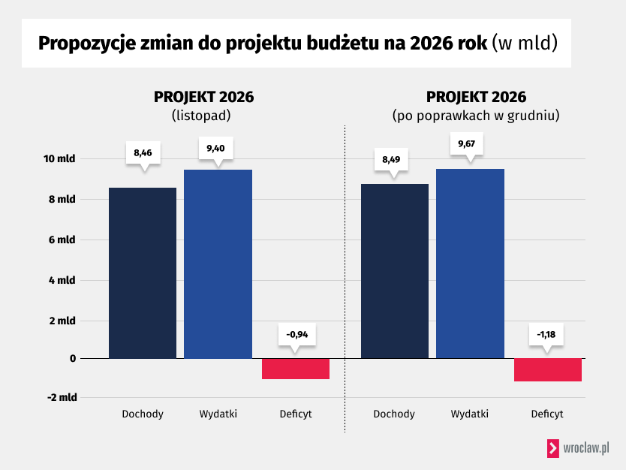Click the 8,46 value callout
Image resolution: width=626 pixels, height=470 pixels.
143,153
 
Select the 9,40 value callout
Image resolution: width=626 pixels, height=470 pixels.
215,148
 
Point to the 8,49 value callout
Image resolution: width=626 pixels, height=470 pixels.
392,160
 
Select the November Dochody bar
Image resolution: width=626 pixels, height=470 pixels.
143,274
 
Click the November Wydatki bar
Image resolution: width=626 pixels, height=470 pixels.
218,264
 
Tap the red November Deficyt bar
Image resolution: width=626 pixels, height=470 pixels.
296,369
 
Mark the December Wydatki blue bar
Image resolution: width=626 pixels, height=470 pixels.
470,264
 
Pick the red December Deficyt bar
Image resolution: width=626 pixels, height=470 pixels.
548,370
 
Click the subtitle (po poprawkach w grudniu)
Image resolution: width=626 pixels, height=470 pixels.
476,116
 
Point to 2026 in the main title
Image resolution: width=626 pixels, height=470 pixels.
432,43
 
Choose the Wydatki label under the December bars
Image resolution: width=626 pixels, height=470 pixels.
470,414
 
